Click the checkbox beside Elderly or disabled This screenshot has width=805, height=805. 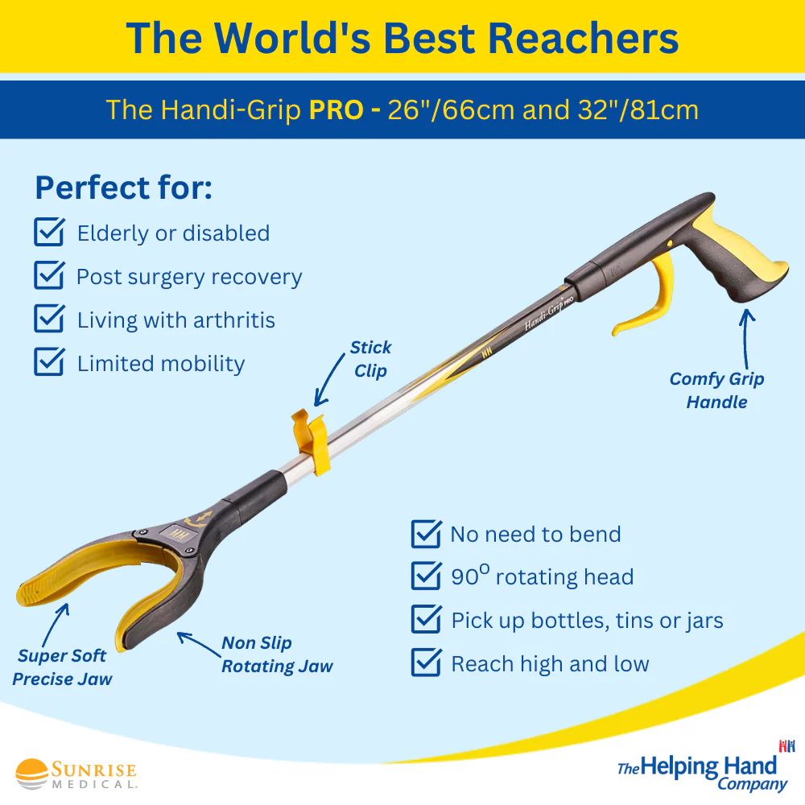click(49, 233)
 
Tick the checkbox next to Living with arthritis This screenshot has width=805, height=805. click(49, 320)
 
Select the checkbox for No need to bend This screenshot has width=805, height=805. click(426, 534)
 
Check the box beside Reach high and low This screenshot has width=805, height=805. click(426, 663)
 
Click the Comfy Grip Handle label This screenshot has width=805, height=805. click(716, 390)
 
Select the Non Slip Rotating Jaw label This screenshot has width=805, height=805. click(276, 654)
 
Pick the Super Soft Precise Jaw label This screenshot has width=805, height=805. click(62, 667)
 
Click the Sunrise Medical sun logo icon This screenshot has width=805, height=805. click(32, 774)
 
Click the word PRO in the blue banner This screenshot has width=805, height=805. click(336, 109)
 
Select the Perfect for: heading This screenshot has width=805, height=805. click(123, 188)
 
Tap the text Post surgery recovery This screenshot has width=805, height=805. click(189, 277)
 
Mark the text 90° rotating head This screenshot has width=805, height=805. click(542, 577)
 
